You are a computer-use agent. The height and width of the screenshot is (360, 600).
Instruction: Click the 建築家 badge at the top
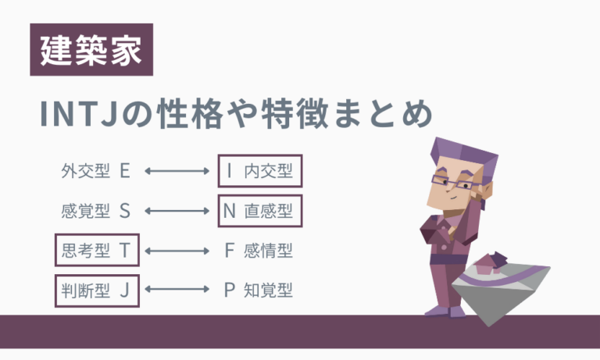pos(91,51)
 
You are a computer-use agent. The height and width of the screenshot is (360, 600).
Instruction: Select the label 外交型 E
pos(95,171)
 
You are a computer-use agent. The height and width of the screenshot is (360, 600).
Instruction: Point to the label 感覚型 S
pos(95,210)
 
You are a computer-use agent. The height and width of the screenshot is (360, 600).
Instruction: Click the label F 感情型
pos(258,251)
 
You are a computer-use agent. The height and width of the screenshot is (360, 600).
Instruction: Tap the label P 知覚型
pos(258,291)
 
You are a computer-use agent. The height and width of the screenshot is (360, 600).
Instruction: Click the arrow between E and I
pos(179,171)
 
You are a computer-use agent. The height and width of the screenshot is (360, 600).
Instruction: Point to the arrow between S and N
pos(179,210)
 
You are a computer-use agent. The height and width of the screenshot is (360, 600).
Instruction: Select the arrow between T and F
pos(179,251)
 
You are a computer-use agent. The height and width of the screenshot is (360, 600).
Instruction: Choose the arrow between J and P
pos(179,291)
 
